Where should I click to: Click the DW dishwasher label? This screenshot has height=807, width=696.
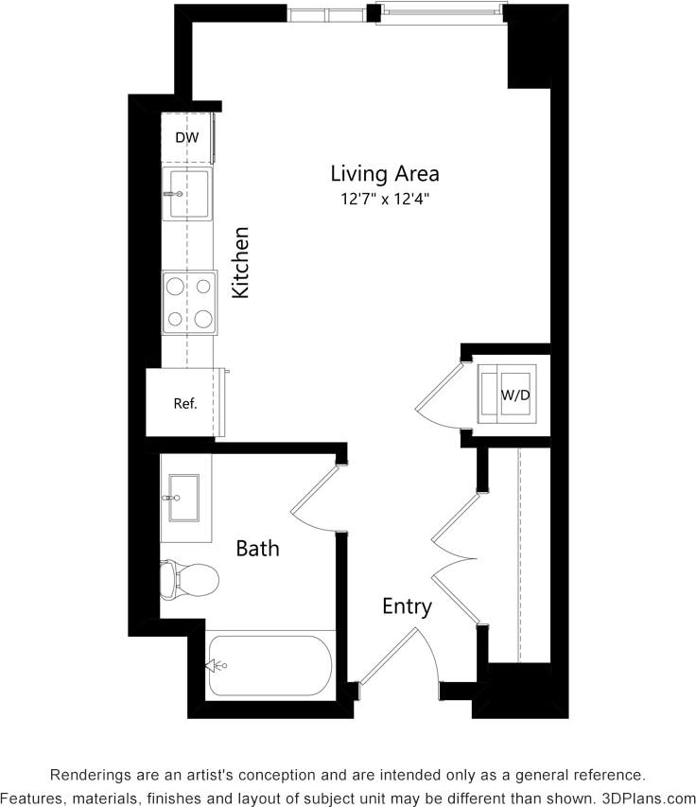pyautogui.click(x=187, y=138)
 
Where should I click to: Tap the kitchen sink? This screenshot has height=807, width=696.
pyautogui.click(x=186, y=194)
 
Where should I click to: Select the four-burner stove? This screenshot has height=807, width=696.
pyautogui.click(x=189, y=302)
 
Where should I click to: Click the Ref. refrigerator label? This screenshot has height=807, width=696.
pyautogui.click(x=185, y=404)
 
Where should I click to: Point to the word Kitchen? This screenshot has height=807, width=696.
pyautogui.click(x=241, y=262)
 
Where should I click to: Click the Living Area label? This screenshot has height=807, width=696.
pyautogui.click(x=384, y=174)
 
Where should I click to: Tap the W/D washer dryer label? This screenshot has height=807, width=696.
pyautogui.click(x=514, y=394)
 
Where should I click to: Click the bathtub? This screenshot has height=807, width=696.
pyautogui.click(x=269, y=665)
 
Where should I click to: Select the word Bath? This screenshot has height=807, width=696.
pyautogui.click(x=257, y=548)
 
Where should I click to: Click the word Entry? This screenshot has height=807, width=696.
pyautogui.click(x=407, y=606)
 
